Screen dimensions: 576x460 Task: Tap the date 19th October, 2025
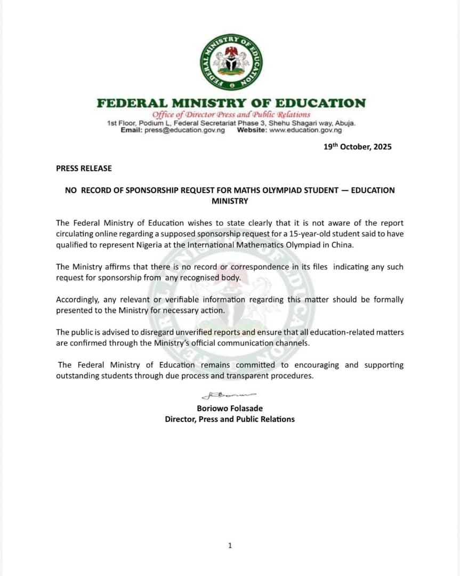[357, 147]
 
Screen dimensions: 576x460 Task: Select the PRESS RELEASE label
[84, 168]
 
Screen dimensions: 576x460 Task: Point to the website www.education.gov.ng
[305, 130]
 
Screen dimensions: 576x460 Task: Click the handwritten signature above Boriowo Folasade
[229, 396]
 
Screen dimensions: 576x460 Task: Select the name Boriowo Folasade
[230, 409]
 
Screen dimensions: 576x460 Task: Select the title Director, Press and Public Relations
[230, 419]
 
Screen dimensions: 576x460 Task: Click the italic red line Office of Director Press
[231, 114]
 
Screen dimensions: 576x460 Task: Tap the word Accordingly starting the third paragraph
[78, 300]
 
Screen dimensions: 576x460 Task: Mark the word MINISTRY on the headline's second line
[230, 201]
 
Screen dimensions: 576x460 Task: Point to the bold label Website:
[252, 130]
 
